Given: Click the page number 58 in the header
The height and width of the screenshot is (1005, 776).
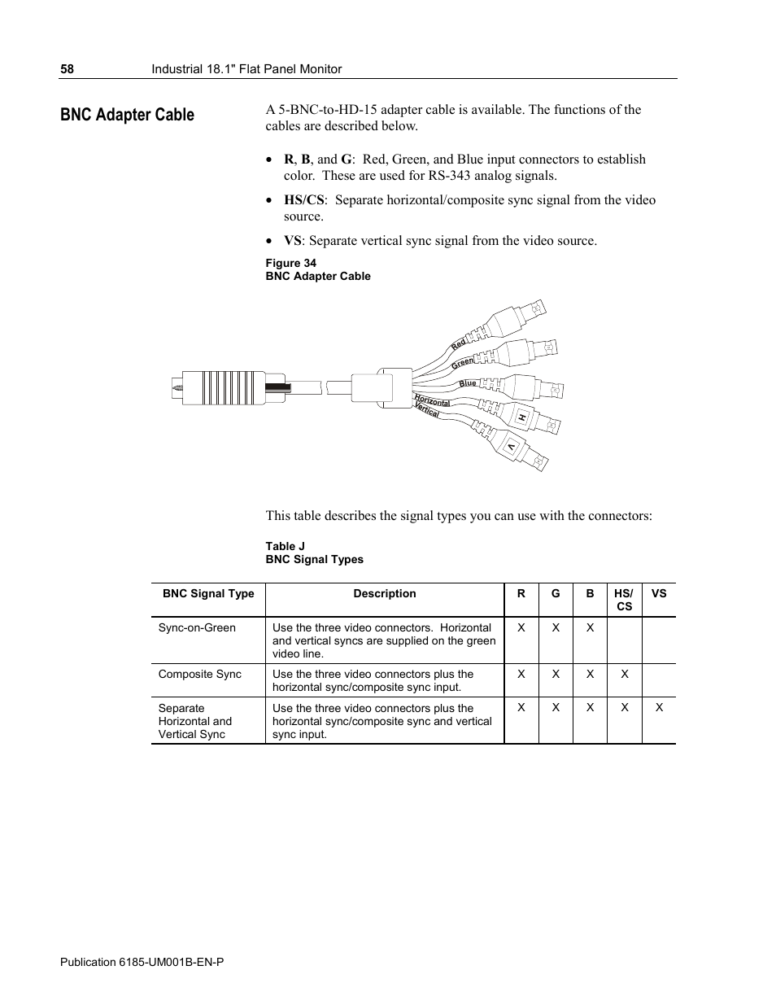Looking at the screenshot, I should [x=67, y=69].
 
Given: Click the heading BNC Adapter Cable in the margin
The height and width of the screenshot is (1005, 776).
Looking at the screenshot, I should [x=127, y=115].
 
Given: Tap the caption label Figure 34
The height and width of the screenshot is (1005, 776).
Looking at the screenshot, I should [x=290, y=263].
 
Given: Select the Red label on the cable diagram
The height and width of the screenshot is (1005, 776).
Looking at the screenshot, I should [x=459, y=344].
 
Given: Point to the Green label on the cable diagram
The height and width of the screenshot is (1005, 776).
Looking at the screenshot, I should [x=462, y=363].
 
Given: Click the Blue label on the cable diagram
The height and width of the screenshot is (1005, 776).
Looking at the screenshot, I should [x=468, y=383].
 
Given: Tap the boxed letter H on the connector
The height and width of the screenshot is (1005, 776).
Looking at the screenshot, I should [x=522, y=418].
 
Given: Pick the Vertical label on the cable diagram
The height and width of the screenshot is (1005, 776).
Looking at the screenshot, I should [x=427, y=411].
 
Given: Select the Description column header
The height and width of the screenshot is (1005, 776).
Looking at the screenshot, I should [x=384, y=594].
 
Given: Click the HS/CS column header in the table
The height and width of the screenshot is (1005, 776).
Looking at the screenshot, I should [x=624, y=600].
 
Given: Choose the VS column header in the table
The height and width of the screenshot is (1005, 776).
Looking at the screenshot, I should [x=659, y=594].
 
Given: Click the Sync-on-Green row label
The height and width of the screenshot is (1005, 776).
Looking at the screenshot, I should [x=197, y=627].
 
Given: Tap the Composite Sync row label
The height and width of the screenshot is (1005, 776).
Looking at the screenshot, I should [x=199, y=674].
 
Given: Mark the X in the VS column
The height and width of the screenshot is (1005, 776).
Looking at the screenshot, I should [x=659, y=708].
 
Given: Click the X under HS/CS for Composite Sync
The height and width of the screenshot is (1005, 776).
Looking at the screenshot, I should [x=624, y=674].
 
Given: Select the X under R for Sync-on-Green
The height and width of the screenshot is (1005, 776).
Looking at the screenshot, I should [x=521, y=627].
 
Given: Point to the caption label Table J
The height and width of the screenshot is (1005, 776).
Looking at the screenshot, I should [x=285, y=546].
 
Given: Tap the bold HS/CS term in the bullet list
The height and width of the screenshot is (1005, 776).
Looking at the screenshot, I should [x=304, y=200].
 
